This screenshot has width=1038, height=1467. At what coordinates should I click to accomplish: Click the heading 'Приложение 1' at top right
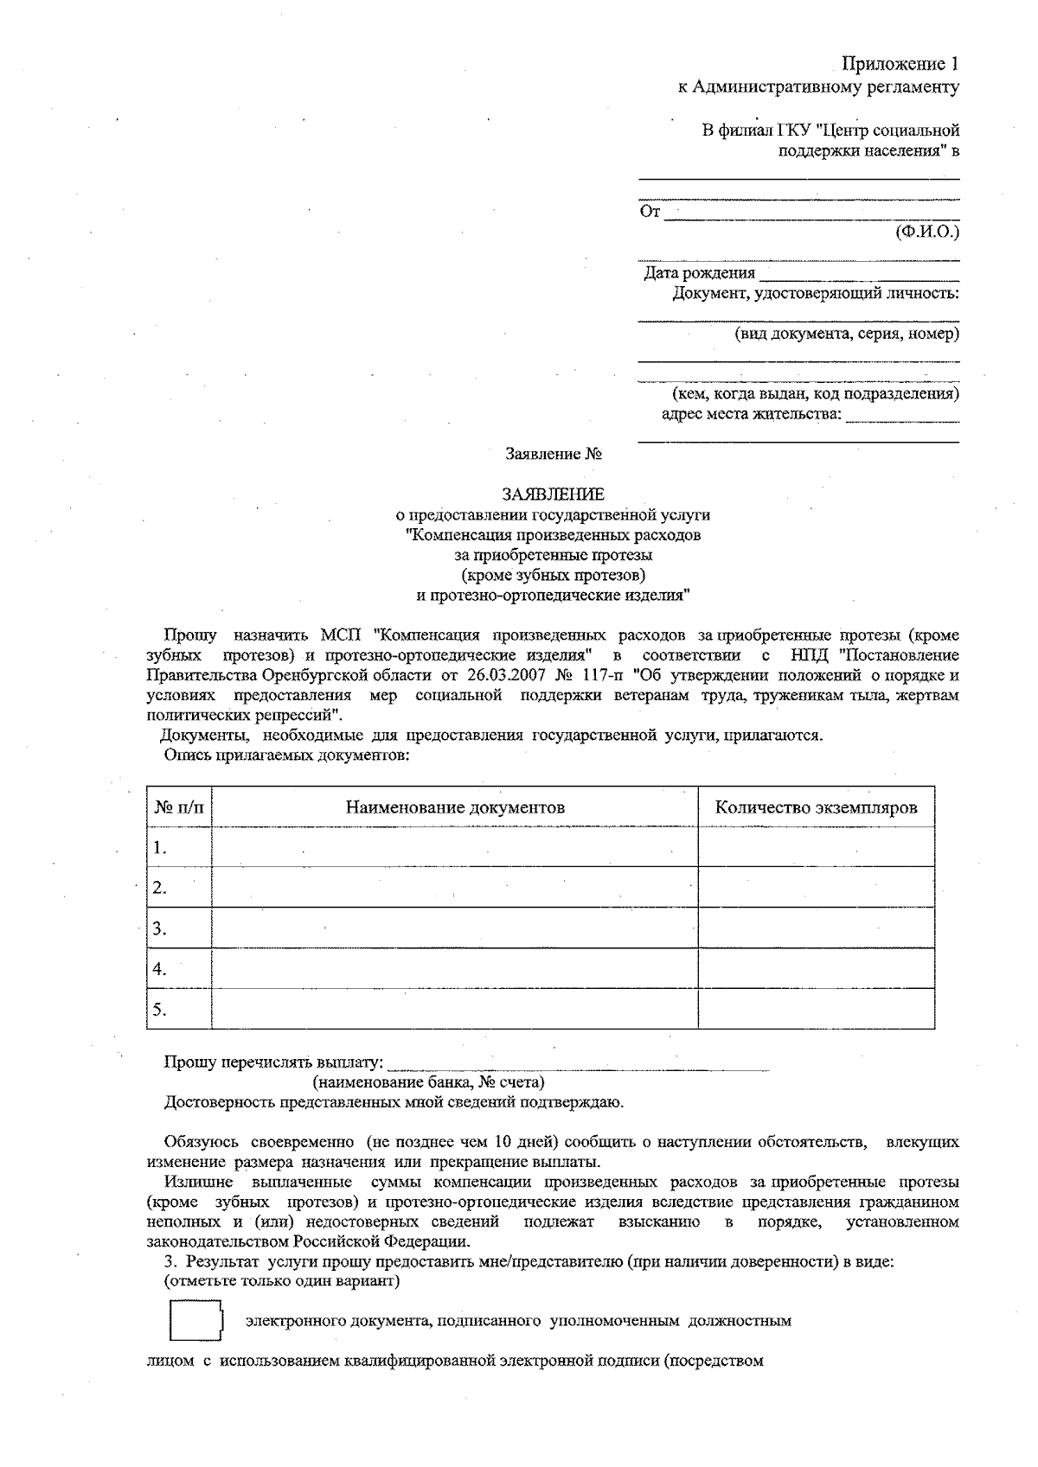pos(900,65)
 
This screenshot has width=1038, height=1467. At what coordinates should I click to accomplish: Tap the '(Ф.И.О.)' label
pos(927,232)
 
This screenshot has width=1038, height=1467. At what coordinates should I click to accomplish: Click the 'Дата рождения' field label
pos(700,273)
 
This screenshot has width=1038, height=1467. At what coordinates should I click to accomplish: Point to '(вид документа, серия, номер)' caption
pos(847,334)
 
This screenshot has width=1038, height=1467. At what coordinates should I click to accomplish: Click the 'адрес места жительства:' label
pos(751,414)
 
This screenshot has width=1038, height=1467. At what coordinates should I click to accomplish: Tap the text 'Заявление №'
pos(554,453)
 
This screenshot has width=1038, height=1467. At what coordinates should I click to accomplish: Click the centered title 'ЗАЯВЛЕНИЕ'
pos(554,494)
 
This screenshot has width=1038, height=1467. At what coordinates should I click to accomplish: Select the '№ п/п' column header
pos(179,807)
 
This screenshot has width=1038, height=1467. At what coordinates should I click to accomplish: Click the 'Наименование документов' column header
pos(455,807)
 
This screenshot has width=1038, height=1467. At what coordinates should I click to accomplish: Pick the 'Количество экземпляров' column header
pos(816,807)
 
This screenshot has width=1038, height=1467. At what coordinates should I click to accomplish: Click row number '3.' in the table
pos(159,929)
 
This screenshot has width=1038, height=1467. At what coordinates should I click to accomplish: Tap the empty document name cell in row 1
pos(455,847)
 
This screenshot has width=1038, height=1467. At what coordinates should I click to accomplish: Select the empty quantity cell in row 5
pos(816,1009)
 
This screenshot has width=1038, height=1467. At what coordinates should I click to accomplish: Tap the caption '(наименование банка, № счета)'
pos(428,1082)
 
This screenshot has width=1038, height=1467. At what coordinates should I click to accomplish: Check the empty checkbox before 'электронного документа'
pos(195,1321)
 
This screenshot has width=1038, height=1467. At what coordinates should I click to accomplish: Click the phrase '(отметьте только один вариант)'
pos(282,1281)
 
